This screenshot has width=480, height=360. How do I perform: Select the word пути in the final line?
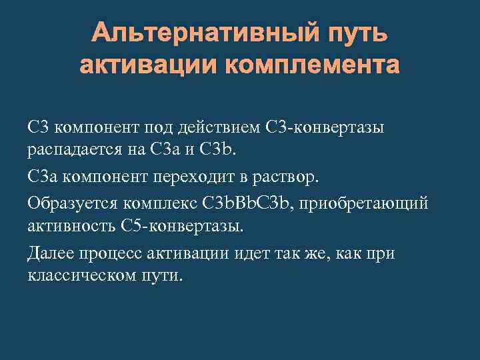point(163,275)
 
